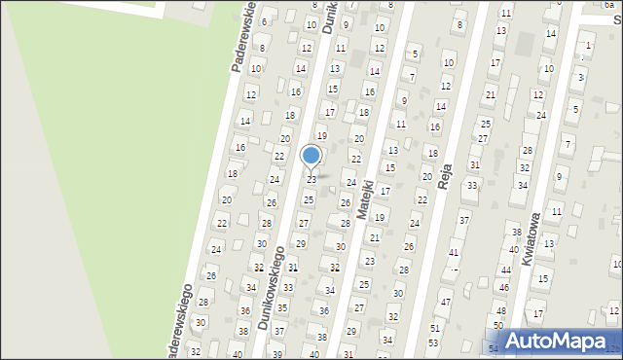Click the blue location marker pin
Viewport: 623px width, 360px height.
(x=311, y=156)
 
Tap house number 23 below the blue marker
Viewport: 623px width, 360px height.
(x=311, y=180)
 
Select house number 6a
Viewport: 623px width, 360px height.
(x=608, y=5)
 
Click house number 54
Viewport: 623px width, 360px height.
(x=494, y=347)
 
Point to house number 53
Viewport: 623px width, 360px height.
(x=433, y=343)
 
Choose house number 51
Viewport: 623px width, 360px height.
(x=434, y=329)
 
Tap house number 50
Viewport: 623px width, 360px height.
(x=497, y=325)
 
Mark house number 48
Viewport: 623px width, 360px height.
(x=500, y=310)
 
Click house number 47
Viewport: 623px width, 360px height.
(x=445, y=303)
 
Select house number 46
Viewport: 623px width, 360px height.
(x=503, y=288)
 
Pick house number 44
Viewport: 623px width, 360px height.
(x=505, y=269)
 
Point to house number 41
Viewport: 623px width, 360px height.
(x=453, y=253)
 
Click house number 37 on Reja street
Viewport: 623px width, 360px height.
(x=464, y=221)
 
